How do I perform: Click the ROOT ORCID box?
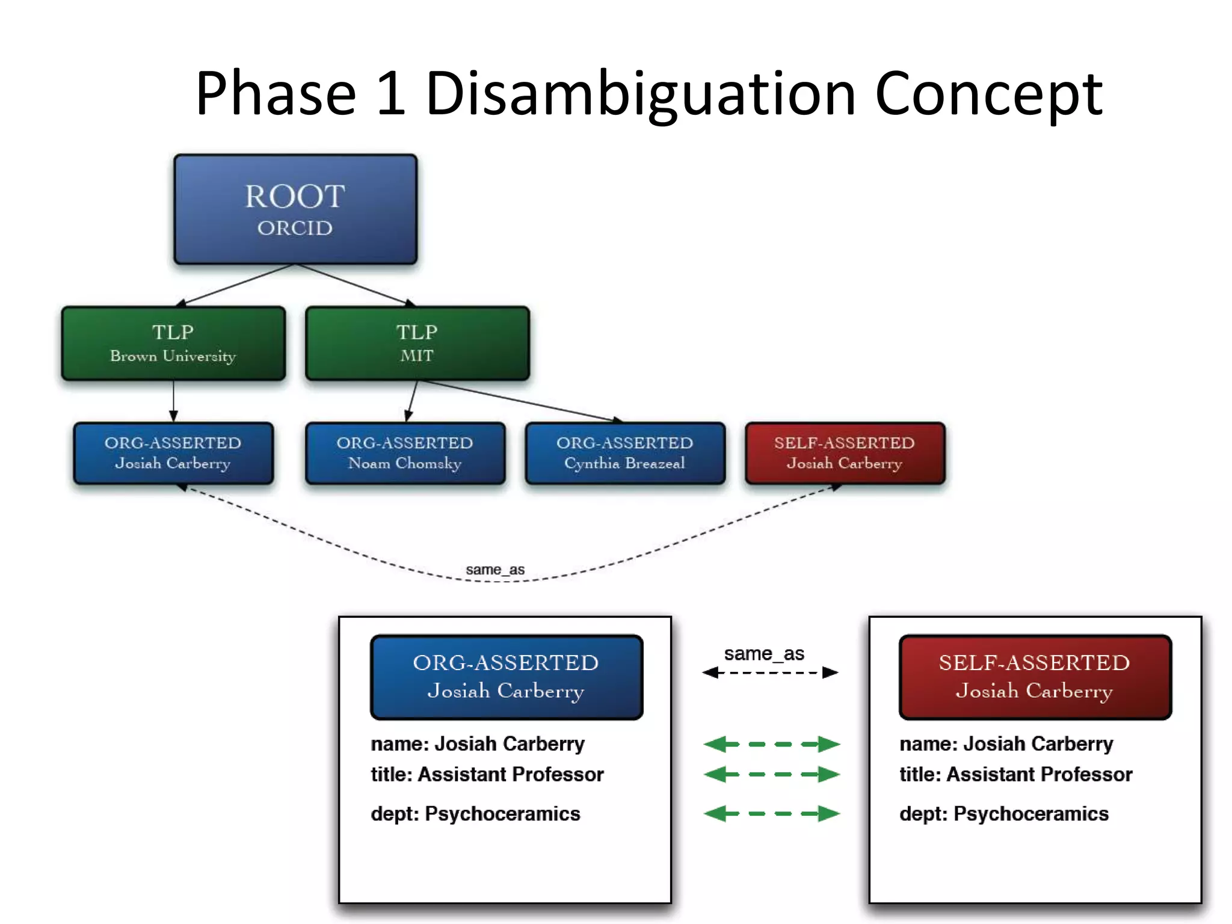pyautogui.click(x=295, y=209)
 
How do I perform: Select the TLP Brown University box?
pyautogui.click(x=173, y=343)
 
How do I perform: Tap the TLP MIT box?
pyautogui.click(x=417, y=343)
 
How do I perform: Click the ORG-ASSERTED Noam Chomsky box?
pyautogui.click(x=405, y=453)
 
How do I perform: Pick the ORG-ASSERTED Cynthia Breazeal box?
pyautogui.click(x=624, y=453)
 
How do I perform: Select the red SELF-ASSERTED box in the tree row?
pyautogui.click(x=845, y=453)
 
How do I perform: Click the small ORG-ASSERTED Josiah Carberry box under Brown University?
pyautogui.click(x=173, y=453)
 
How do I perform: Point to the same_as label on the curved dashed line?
pyautogui.click(x=495, y=569)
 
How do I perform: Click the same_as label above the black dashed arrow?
pyautogui.click(x=763, y=653)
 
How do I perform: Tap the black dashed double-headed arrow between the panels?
pyautogui.click(x=770, y=673)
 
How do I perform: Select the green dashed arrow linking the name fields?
pyautogui.click(x=771, y=744)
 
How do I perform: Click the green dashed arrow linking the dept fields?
pyautogui.click(x=771, y=814)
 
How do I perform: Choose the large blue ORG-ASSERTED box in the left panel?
pyautogui.click(x=507, y=677)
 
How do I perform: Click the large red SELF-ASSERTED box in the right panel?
pyautogui.click(x=1035, y=677)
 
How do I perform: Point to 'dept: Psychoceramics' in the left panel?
pyautogui.click(x=475, y=814)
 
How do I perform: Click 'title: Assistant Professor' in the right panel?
pyautogui.click(x=1015, y=774)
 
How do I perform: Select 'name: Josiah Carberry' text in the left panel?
pyautogui.click(x=478, y=744)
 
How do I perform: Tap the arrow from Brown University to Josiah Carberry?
pyautogui.click(x=173, y=401)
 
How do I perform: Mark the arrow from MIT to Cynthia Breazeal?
pyautogui.click(x=517, y=400)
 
